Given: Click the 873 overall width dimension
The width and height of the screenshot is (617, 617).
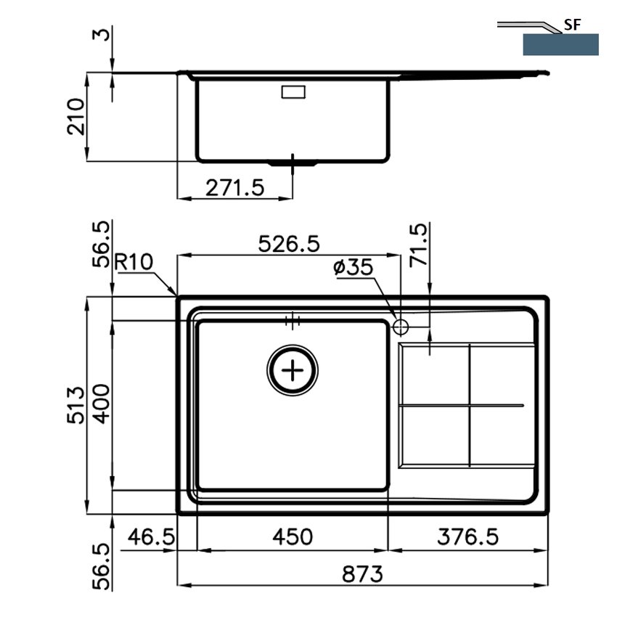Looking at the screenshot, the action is [362, 573].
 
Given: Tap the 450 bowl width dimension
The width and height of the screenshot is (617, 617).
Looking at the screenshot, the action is [293, 536].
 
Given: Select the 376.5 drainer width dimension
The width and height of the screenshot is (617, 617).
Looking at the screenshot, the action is [467, 536].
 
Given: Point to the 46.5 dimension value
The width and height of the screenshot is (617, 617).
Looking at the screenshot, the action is [151, 536].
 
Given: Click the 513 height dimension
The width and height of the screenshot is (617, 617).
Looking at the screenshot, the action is [75, 405].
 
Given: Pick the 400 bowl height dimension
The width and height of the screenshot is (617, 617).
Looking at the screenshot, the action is [103, 404].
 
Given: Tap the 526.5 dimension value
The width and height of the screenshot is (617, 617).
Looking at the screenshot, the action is [289, 244].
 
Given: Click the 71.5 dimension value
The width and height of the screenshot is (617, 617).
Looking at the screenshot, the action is [418, 245].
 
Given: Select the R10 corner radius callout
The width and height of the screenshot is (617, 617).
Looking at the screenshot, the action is [134, 261].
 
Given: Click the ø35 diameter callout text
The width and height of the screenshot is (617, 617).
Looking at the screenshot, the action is [353, 267].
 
